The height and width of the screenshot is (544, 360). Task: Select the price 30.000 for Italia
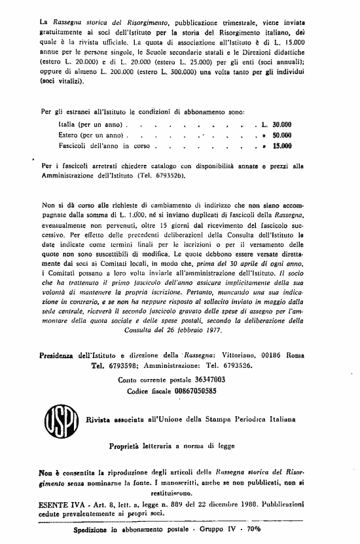coord(281,124)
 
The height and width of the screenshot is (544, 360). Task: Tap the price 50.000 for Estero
coord(281,135)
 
